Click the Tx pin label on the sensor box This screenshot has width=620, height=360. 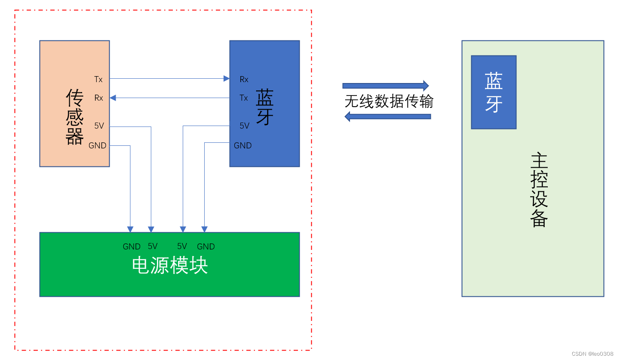98,80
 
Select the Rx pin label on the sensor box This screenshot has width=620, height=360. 99,98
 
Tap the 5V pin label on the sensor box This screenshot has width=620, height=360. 99,126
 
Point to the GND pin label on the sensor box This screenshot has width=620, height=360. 97,146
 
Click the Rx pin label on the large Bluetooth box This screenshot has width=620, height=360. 244,80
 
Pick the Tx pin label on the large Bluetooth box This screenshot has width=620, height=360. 244,98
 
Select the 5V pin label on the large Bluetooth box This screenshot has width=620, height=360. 245,126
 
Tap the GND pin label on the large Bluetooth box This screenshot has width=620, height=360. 242,146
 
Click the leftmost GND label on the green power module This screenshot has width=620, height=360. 132,247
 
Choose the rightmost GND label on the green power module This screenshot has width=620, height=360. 206,247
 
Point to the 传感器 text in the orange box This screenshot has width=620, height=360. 74,117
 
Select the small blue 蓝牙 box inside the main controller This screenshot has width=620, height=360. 494,92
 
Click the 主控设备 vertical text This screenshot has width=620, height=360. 539,190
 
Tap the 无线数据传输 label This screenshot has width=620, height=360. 389,102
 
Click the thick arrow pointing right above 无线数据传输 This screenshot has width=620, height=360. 386,85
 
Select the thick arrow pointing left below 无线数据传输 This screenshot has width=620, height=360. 388,116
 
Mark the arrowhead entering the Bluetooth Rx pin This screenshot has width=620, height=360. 226,79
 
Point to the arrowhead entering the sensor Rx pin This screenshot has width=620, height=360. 113,98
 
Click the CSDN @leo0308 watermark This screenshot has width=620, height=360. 592,354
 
